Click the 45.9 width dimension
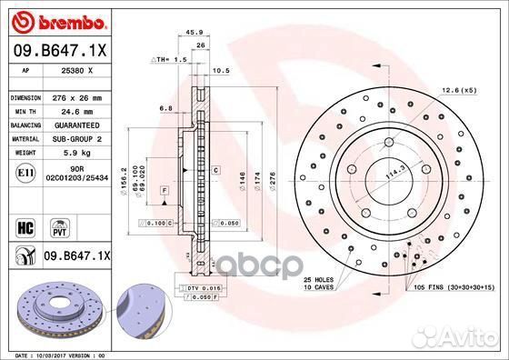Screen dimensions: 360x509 [x=194, y=33]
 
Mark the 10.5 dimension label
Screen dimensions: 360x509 [x=219, y=69]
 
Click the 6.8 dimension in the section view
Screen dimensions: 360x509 [x=165, y=108]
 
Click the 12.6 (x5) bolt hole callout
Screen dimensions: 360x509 [x=457, y=89]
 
